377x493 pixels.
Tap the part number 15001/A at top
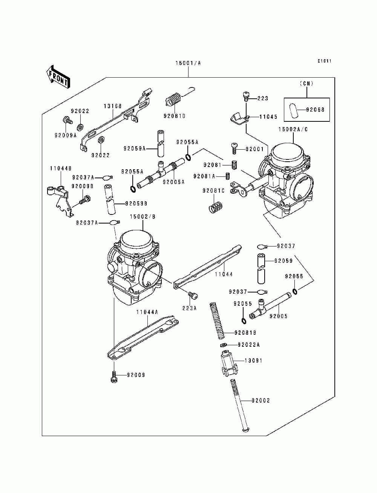coord(188,63)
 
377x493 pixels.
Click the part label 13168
coord(113,106)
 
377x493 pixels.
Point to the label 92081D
coord(175,116)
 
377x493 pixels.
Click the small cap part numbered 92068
coord(293,109)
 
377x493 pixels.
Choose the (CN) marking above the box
coord(307,83)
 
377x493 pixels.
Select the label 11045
coord(268,117)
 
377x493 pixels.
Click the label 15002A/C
coord(293,129)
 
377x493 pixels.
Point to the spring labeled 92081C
coord(216,207)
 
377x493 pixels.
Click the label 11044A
coord(147,312)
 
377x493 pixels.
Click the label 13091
coord(253,360)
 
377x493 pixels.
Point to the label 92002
coord(261,400)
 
